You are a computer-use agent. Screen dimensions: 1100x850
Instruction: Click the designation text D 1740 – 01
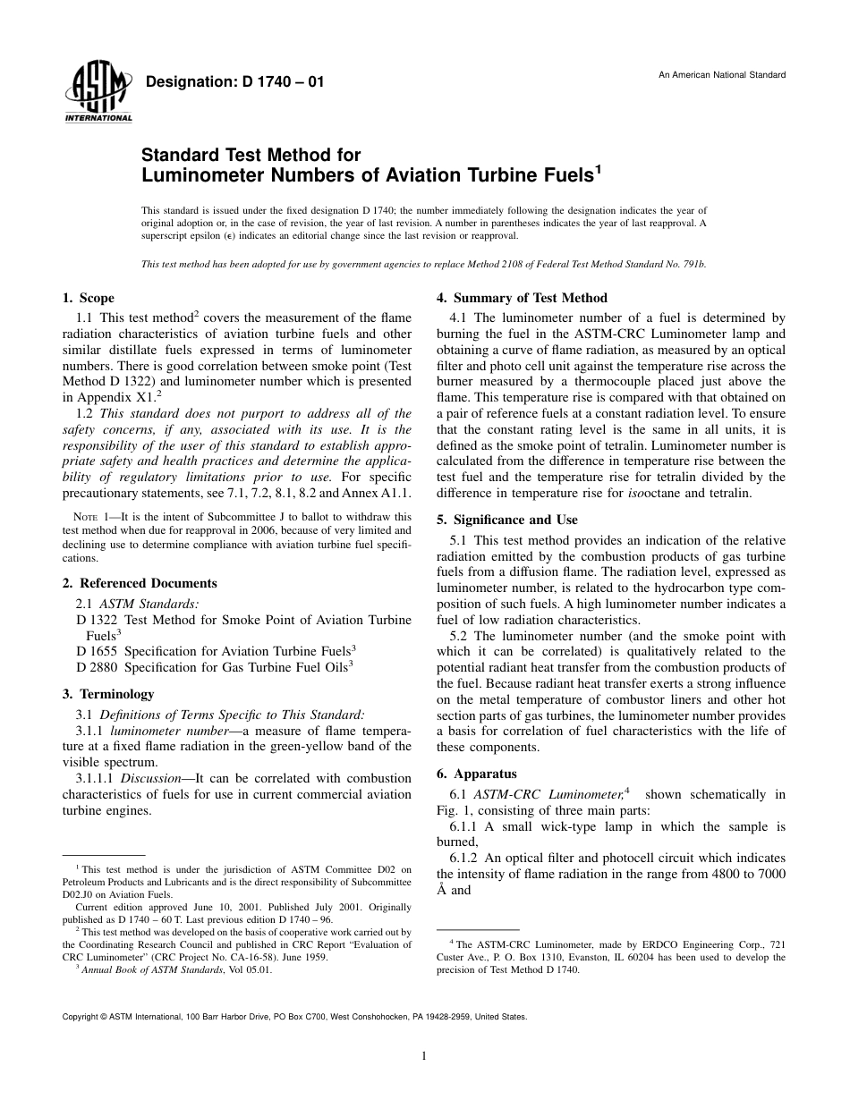(x=234, y=82)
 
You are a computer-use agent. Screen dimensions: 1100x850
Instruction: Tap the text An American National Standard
(x=722, y=74)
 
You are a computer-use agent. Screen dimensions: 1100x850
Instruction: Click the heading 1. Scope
(x=88, y=298)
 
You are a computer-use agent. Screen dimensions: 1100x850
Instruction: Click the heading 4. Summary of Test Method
(x=522, y=298)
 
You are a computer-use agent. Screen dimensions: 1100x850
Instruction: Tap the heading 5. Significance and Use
(x=506, y=520)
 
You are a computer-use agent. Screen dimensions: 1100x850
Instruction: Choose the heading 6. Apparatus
(x=476, y=774)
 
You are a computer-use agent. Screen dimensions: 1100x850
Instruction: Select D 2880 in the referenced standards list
(x=98, y=665)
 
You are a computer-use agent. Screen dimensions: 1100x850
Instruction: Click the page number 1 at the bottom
(x=424, y=1056)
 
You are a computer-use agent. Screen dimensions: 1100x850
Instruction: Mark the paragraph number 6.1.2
(x=463, y=858)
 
